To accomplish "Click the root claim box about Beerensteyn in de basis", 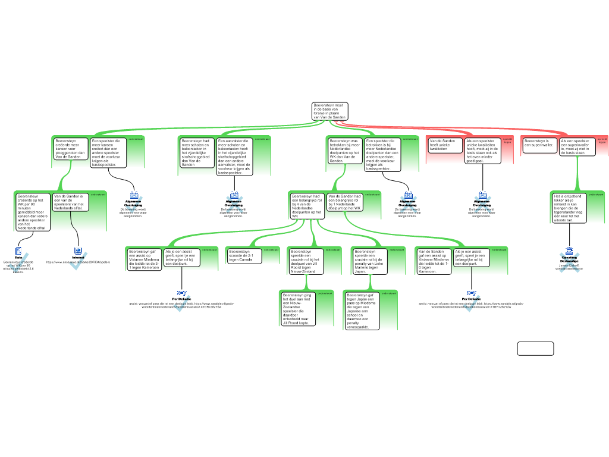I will click(329, 111).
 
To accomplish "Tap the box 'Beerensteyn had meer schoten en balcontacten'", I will click(197, 152).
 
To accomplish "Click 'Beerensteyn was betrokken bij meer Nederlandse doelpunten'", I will click(345, 151).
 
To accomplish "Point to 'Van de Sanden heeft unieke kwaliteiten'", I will click(445, 145).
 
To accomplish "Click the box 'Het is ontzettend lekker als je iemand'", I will click(569, 208).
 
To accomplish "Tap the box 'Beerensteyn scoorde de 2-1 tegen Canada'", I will click(244, 256).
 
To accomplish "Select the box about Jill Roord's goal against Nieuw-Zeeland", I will click(305, 261).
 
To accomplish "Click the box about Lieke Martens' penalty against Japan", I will click(369, 261).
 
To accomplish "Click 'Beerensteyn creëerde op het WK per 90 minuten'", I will click(33, 212).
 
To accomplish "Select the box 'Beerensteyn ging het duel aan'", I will click(297, 308).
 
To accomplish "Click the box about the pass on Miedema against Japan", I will click(362, 311).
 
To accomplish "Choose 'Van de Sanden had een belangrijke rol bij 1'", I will click(345, 202).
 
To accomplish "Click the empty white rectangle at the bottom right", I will click(535, 349).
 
